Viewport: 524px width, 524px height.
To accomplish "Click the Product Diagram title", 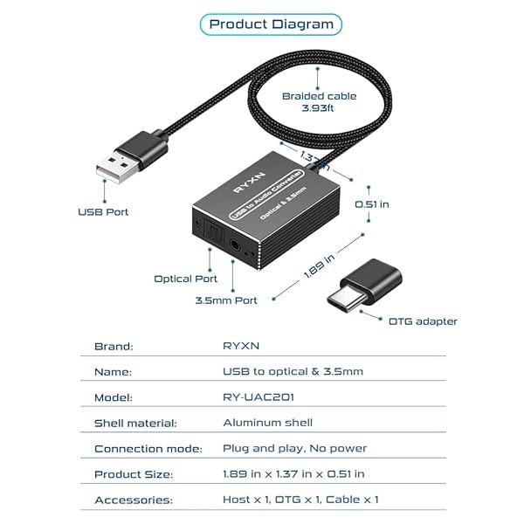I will [271, 24].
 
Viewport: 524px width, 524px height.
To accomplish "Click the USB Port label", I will [104, 211].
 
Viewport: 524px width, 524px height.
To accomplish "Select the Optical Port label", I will [186, 279].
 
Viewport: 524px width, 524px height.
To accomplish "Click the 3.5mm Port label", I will [226, 300].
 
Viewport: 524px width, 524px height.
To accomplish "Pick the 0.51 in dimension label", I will [371, 204].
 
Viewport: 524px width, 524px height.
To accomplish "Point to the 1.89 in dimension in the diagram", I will [319, 265].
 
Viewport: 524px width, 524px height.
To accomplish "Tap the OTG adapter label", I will [423, 321].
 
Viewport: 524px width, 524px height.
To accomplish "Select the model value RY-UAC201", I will [259, 396].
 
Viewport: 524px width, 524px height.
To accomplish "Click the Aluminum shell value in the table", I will [267, 423].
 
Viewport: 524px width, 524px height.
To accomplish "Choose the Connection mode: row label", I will [148, 448].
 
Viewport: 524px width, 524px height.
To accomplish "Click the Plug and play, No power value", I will [294, 448].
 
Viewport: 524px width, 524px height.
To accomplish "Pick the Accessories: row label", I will [132, 500].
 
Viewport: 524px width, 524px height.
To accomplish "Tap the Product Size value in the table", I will [293, 473].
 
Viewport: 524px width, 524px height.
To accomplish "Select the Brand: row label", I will [114, 346].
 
